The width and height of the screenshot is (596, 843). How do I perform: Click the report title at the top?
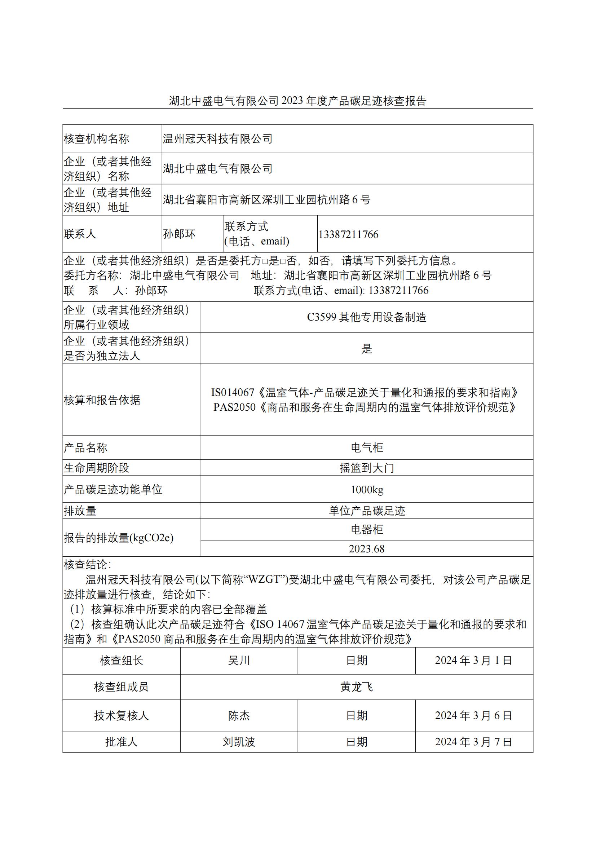tap(297, 101)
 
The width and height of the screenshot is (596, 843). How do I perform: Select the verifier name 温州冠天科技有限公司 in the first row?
tap(217, 139)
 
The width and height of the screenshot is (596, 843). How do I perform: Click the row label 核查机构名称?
tap(97, 139)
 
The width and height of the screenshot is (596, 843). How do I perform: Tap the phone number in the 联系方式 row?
tap(348, 234)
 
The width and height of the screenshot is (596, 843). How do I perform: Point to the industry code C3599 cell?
tap(366, 317)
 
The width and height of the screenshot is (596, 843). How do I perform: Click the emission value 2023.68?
tap(366, 548)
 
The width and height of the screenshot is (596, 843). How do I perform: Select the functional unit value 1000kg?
tap(366, 489)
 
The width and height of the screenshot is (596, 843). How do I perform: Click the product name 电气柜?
tap(366, 447)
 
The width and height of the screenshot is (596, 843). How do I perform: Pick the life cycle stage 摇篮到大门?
tap(366, 468)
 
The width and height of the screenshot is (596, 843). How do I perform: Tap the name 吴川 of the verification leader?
tap(239, 661)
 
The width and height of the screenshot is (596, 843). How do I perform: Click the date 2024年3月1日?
tap(474, 661)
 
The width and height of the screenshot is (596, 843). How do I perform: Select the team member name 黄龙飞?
tap(356, 687)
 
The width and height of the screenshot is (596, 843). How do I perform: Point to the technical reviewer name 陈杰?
tap(239, 716)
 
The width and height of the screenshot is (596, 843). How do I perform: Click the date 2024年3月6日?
tap(474, 716)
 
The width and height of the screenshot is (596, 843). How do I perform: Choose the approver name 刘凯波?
tap(239, 742)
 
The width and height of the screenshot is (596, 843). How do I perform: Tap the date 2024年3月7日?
tap(474, 742)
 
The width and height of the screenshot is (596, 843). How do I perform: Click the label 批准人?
tap(121, 742)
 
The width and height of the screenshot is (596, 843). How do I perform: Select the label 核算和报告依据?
tap(102, 400)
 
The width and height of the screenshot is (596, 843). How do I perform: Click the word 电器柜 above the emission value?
tap(366, 529)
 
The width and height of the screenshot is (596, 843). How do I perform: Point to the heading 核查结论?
tap(87, 565)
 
